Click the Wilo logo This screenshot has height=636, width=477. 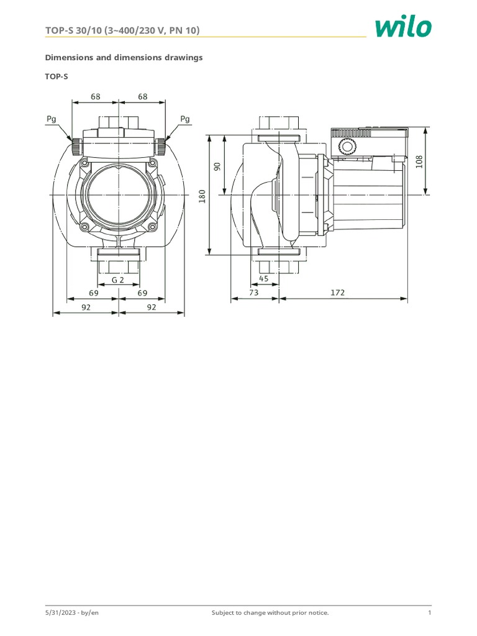tap(402, 27)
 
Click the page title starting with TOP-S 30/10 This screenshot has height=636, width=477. tap(123, 30)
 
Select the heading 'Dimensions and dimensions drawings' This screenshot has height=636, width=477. tap(124, 57)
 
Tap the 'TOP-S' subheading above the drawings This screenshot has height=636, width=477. tap(57, 76)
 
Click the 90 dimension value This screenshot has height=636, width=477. tap(217, 167)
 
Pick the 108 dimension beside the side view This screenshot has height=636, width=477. tap(419, 161)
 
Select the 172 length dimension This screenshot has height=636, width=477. tap(336, 292)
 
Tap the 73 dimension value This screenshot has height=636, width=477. tap(253, 292)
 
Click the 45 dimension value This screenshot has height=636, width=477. tap(263, 278)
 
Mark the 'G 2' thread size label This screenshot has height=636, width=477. tap(118, 279)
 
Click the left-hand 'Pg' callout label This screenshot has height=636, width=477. tap(52, 118)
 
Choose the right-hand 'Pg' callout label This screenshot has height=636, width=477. tap(184, 118)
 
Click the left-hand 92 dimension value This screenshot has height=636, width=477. tap(86, 306)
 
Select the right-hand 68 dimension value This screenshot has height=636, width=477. tap(143, 96)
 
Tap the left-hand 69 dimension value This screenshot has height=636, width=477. tap(94, 292)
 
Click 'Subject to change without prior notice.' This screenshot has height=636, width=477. tap(270, 613)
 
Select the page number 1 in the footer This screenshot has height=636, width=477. tap(429, 613)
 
